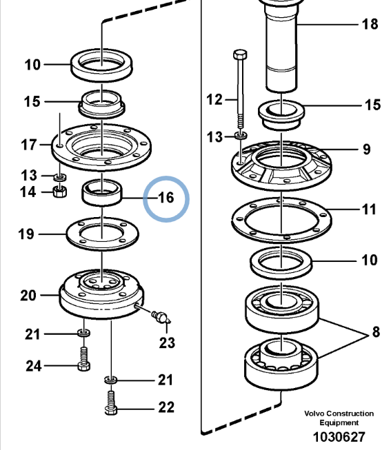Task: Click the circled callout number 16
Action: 166,198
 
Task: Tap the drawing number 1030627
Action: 339,437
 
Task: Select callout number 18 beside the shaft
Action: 370,24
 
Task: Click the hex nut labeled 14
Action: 60,192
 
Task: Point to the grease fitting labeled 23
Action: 161,317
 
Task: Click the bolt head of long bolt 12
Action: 240,54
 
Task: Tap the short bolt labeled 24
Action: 83,359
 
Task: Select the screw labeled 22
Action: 111,403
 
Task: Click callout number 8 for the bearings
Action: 376,331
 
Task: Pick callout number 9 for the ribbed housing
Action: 367,150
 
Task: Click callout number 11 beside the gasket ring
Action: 369,209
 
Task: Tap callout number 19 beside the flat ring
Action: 26,234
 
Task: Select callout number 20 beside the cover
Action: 28,296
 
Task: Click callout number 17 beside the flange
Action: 29,145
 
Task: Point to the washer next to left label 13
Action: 60,177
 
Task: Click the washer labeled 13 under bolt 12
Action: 241,135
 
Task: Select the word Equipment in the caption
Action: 339,422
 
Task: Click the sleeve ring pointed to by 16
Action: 102,192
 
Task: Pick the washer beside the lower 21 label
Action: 110,380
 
